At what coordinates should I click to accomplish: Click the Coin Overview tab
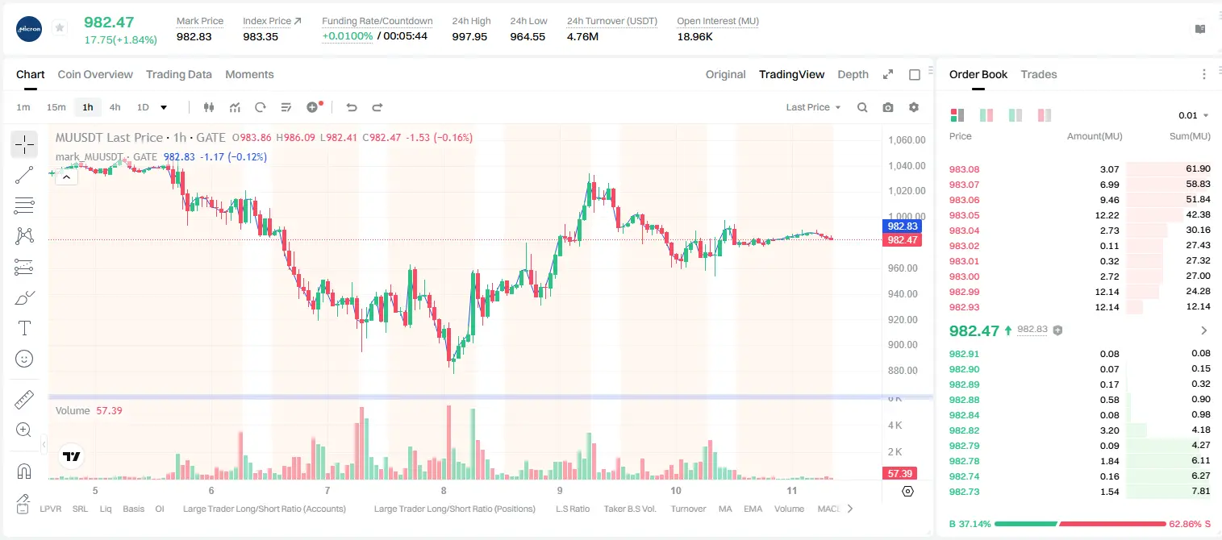coord(95,74)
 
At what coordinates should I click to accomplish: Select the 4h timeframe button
coord(115,107)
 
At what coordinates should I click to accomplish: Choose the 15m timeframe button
coord(56,107)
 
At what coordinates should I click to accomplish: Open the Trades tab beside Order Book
coord(1039,74)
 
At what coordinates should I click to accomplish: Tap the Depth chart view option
coord(853,74)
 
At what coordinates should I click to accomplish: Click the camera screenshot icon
coord(888,107)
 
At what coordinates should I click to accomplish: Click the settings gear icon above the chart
coord(914,107)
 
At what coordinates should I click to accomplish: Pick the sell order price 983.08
coord(964,169)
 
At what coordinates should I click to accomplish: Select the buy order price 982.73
coord(964,492)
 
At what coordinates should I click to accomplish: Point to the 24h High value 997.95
coord(469,36)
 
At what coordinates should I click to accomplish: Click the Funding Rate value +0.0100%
coord(347,36)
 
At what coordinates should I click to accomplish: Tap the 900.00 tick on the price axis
coord(903,345)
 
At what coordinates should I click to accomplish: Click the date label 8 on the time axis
coord(444,491)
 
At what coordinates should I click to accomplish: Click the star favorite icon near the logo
coord(60,27)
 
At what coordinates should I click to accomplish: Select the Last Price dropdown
coord(813,107)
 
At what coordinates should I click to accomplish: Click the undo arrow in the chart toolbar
coord(352,107)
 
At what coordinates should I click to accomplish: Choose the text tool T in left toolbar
coord(24,328)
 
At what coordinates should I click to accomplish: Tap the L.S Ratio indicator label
coord(572,509)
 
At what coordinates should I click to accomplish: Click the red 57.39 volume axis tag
coord(899,474)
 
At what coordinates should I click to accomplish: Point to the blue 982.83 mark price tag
coord(902,226)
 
